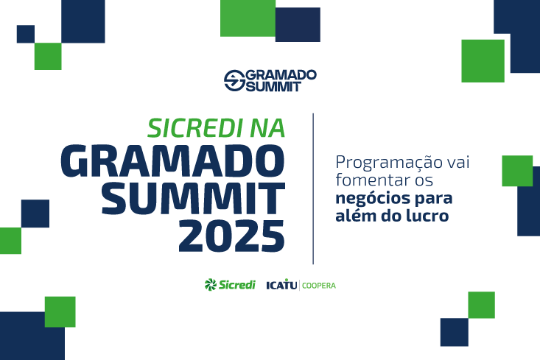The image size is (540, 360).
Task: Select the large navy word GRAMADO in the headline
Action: pos(172,160)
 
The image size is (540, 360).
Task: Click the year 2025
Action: pos(231,235)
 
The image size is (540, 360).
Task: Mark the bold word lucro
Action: pos(428,216)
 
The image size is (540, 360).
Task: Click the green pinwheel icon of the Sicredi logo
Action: pos(211,284)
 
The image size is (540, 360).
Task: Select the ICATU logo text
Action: pos(281,285)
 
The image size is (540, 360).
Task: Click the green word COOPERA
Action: pos(319,285)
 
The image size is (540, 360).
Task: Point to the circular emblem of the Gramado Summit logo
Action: pos(234,80)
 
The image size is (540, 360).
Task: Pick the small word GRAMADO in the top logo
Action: pos(280,74)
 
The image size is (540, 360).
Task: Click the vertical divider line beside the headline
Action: pos(313,188)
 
